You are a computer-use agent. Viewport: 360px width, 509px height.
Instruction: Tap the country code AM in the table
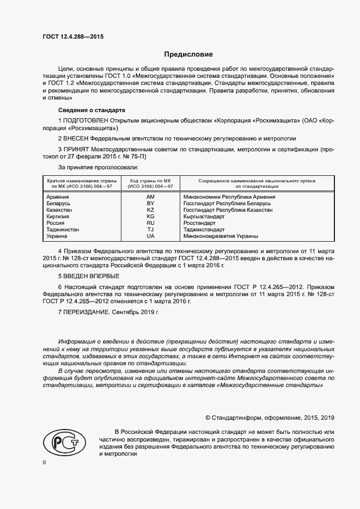(x=151, y=197)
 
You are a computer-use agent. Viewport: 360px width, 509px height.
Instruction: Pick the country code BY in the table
(x=151, y=203)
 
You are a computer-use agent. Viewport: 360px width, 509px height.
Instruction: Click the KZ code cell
(x=151, y=210)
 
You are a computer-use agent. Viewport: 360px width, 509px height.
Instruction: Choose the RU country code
(x=151, y=223)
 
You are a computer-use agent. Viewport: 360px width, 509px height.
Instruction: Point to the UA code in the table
(x=151, y=236)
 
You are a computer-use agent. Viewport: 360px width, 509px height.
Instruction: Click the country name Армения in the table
(x=58, y=197)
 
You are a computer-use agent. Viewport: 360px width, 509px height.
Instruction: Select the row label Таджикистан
(x=63, y=230)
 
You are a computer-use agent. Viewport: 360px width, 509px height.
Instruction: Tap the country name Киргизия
(x=58, y=216)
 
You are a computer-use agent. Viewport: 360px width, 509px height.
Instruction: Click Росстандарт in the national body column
(x=200, y=223)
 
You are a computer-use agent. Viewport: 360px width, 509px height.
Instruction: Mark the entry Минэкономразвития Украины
(x=221, y=236)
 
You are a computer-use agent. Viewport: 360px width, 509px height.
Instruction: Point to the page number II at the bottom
(x=45, y=462)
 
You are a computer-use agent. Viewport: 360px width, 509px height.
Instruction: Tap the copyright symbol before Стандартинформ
(x=208, y=418)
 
